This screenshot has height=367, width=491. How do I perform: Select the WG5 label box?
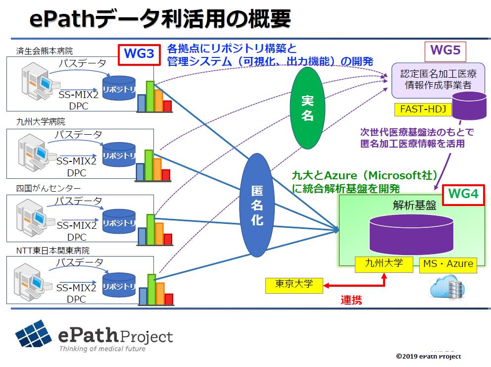(x=445, y=51)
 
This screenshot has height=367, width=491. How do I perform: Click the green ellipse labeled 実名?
(x=308, y=108)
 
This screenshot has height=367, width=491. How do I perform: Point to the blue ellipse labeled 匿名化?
(x=257, y=205)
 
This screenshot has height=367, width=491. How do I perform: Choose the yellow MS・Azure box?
(x=448, y=263)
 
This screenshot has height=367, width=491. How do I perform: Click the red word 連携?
(x=351, y=300)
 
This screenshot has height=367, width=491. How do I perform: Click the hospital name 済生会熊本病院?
(x=44, y=51)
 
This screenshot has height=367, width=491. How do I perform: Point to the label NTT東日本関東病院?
(x=52, y=251)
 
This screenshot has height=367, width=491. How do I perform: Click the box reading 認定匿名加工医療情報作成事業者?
(x=432, y=79)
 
